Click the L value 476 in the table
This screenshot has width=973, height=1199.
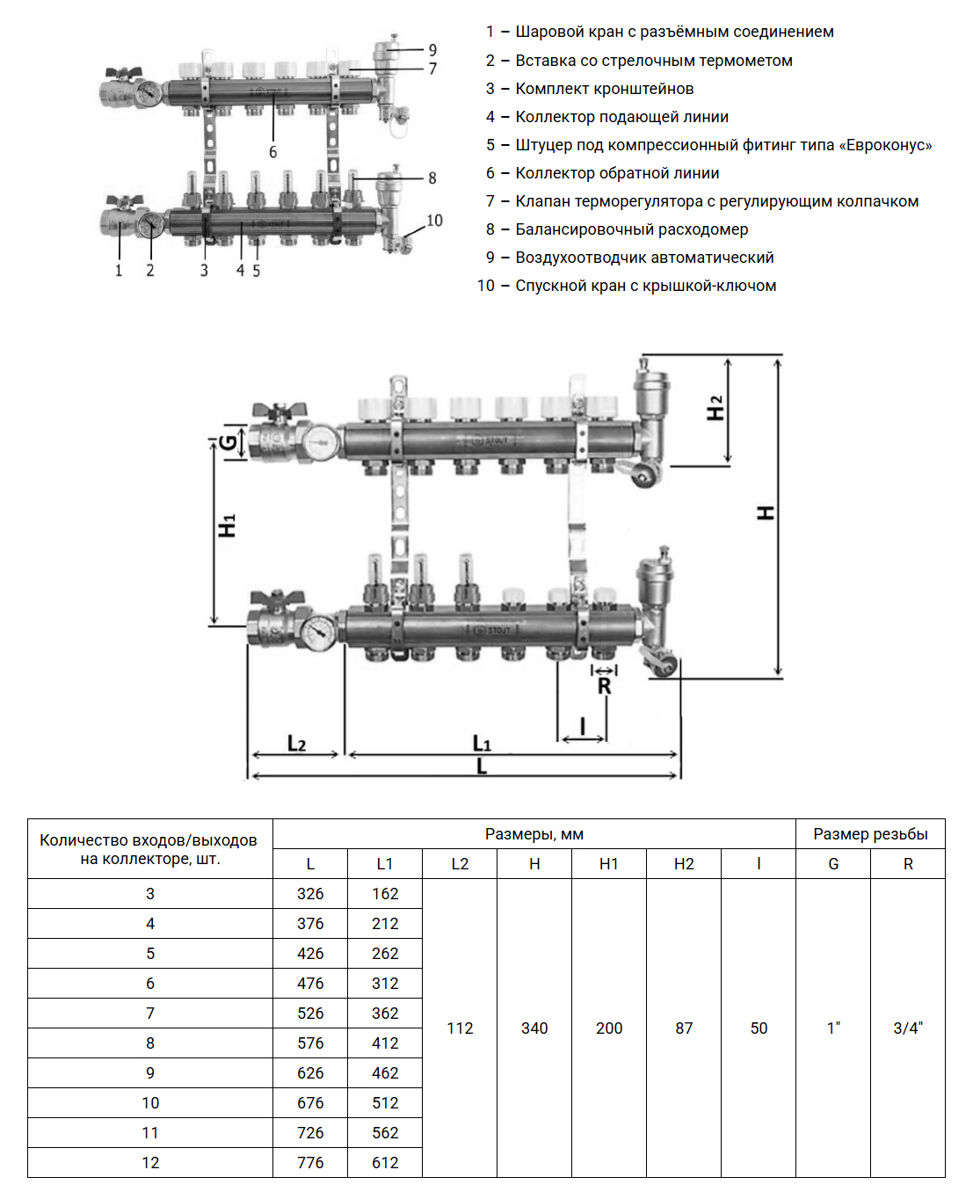310,984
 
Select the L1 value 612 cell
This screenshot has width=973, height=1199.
385,1163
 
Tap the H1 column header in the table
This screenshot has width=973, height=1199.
609,864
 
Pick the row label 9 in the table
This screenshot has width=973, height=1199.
150,1073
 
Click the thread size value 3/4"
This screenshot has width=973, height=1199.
908,1028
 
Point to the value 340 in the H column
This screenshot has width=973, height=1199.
534,1028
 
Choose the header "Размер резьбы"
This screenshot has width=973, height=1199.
870,834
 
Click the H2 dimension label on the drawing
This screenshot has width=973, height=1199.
716,408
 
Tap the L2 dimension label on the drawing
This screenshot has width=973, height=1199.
297,744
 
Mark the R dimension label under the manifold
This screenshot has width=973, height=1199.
604,687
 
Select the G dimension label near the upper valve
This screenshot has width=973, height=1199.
229,442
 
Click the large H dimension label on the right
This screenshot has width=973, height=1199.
766,512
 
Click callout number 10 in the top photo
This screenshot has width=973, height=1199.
434,221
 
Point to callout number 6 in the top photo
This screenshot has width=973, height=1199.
272,152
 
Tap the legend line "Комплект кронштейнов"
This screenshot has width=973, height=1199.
605,89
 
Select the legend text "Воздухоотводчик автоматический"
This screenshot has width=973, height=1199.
644,258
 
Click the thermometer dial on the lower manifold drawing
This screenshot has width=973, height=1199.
318,630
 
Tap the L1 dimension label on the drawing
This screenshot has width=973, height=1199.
482,744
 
